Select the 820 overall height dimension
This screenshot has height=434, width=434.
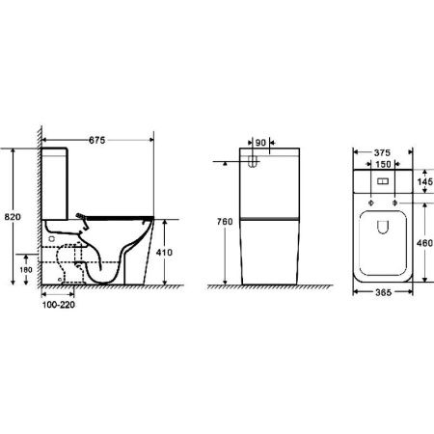tap(12, 218)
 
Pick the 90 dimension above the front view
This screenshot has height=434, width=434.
tap(258, 140)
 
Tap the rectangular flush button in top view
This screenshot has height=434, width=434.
tap(382, 181)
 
